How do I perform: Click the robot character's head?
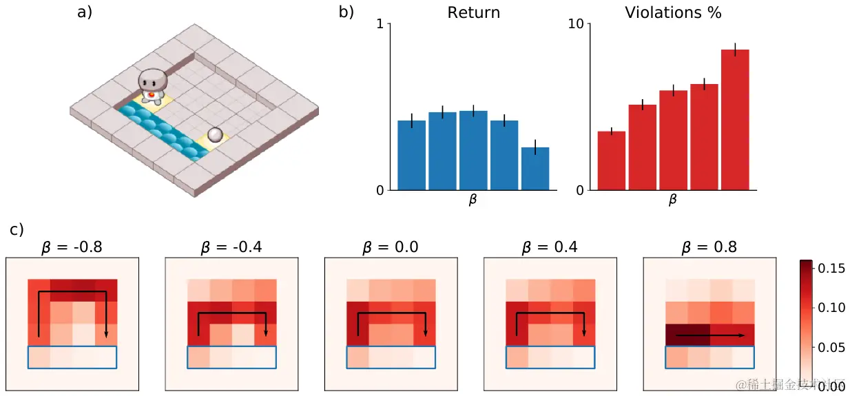[x=152, y=79]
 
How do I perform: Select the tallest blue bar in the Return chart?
[x=473, y=150]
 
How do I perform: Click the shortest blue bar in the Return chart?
[x=535, y=169]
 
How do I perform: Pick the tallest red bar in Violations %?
[x=735, y=120]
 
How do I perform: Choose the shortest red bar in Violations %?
[x=611, y=160]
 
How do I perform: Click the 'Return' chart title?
[x=473, y=12]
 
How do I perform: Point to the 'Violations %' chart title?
[x=673, y=12]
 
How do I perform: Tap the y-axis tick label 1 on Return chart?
[x=380, y=25]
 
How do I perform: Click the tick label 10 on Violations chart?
[x=575, y=25]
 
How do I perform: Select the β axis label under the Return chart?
[x=473, y=200]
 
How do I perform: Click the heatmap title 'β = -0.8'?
[x=72, y=247]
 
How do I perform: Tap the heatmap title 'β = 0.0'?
[x=391, y=247]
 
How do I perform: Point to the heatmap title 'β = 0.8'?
[x=709, y=247]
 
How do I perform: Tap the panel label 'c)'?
[x=17, y=229]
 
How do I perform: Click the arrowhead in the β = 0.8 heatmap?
[x=742, y=335]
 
